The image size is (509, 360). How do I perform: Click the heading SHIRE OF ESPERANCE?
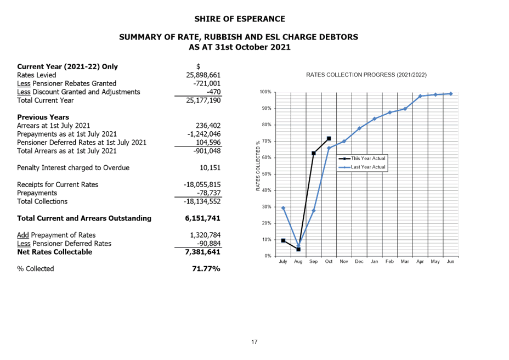(240, 19)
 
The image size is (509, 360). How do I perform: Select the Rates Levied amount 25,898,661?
(203, 75)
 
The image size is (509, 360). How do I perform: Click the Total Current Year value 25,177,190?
(203, 100)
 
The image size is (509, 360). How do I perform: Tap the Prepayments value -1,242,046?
(203, 134)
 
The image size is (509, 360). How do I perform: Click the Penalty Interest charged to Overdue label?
(73, 168)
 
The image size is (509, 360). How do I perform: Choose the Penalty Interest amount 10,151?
(210, 168)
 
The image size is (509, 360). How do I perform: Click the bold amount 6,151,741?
(203, 218)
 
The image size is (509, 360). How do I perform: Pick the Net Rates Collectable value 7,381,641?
(203, 252)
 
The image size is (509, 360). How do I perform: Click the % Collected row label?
(35, 269)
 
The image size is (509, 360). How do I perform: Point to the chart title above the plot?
(366, 75)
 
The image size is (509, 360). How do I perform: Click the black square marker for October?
(329, 138)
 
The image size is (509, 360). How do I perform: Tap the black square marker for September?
(313, 153)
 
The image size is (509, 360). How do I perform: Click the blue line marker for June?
(451, 94)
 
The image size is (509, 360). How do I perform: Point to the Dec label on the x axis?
(359, 262)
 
